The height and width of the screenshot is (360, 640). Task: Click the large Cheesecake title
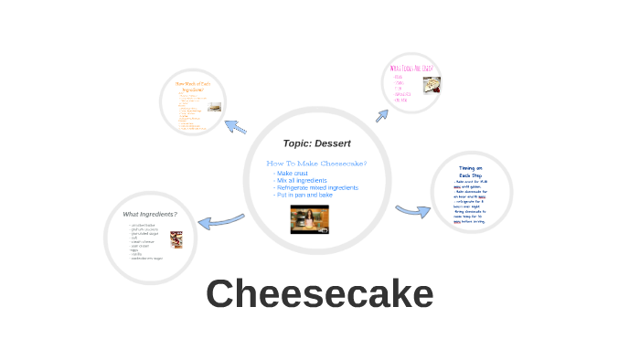click(319, 294)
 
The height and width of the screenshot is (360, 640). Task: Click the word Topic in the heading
click(299, 143)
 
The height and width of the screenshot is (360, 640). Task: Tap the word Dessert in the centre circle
click(335, 143)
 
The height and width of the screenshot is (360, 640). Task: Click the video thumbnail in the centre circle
click(309, 219)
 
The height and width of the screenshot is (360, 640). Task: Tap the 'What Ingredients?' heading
click(150, 214)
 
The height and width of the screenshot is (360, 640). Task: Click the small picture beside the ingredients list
click(176, 239)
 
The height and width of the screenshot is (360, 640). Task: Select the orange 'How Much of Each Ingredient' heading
click(193, 87)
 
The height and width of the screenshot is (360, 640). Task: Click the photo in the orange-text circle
click(215, 107)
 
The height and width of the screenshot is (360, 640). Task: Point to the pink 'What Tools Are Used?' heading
click(411, 68)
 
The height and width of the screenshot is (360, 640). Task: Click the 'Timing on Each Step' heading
click(471, 172)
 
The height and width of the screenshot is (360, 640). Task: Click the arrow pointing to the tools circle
click(381, 115)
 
